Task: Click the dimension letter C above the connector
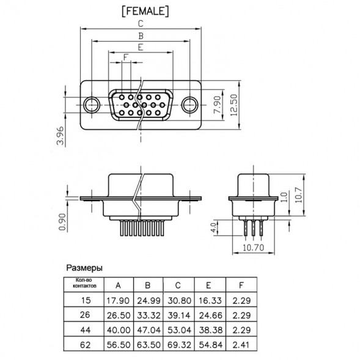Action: coord(141,24)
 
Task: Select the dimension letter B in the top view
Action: coord(141,36)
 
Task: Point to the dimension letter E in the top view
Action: coord(141,47)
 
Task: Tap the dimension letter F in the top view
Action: coord(126,57)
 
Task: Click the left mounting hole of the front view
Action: coord(92,104)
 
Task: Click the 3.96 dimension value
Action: coord(60,135)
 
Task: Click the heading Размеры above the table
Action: coord(84,268)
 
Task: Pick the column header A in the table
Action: coord(118,285)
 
